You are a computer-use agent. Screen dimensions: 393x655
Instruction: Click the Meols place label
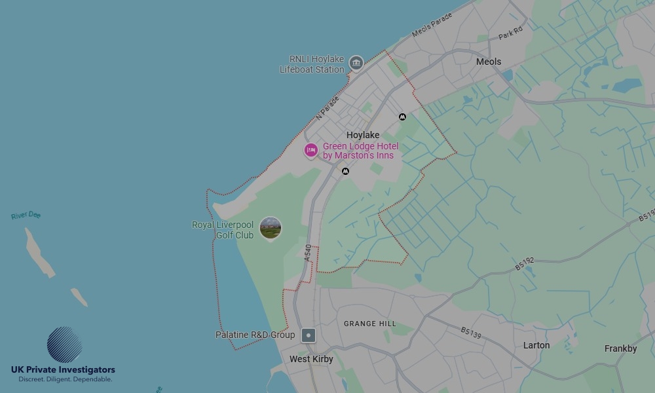coord(489,62)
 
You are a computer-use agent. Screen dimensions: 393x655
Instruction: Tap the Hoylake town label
coord(363,135)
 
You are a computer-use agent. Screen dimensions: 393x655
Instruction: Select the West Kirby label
coord(311,359)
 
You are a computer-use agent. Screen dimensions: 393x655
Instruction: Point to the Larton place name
coord(536,345)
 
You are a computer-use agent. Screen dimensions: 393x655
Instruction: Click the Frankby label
coord(620,348)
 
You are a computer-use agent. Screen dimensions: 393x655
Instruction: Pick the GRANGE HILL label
coord(370,324)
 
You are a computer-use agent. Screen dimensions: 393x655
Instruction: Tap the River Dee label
coord(26,215)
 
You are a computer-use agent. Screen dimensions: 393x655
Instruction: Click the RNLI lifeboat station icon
coord(356,63)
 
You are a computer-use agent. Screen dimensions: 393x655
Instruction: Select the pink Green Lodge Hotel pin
coord(311,151)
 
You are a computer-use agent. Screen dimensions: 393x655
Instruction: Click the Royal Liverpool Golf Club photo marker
coord(271,228)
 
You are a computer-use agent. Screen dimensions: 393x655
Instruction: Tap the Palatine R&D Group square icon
coord(309,335)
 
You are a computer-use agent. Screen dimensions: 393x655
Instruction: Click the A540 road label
coord(309,253)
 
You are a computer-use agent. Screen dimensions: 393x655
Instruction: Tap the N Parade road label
coord(327,109)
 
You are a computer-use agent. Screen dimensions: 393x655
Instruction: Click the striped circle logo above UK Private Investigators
coord(64,345)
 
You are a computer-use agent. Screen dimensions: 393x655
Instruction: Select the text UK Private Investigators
coord(63,370)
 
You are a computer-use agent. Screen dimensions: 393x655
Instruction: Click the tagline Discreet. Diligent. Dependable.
coord(65,379)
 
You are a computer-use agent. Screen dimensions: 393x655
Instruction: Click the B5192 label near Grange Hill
coord(525,264)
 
